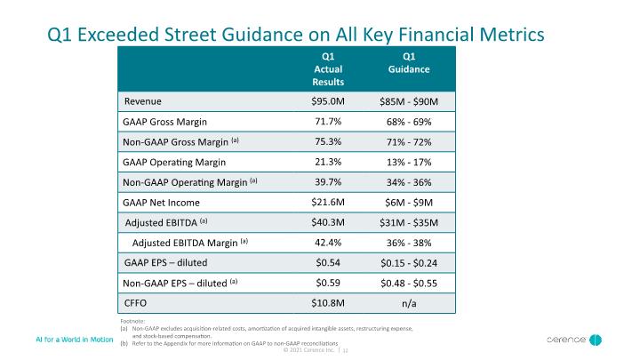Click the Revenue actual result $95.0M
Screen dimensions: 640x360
(328, 101)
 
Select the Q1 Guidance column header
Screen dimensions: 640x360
(409, 63)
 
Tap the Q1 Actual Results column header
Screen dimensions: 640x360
(328, 69)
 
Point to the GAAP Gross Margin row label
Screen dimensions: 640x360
(164, 122)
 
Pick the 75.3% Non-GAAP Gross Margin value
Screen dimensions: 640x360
(328, 141)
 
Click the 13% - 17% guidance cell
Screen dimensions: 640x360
(409, 162)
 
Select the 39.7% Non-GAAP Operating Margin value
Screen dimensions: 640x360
(328, 182)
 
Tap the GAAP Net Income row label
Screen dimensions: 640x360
(161, 203)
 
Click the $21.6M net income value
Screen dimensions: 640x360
(328, 202)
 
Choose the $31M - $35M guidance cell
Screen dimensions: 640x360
(409, 222)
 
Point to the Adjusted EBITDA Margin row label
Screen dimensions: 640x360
(190, 243)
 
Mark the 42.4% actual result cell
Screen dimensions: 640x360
(328, 243)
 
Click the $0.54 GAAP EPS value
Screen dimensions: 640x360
(328, 262)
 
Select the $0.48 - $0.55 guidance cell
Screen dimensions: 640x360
(409, 284)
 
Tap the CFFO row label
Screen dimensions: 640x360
(135, 303)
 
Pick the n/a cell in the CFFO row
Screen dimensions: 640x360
(409, 303)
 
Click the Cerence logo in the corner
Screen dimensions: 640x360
(574, 340)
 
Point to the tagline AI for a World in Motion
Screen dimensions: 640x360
(75, 340)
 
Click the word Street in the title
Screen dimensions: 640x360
(190, 35)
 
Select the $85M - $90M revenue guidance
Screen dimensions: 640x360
(409, 101)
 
